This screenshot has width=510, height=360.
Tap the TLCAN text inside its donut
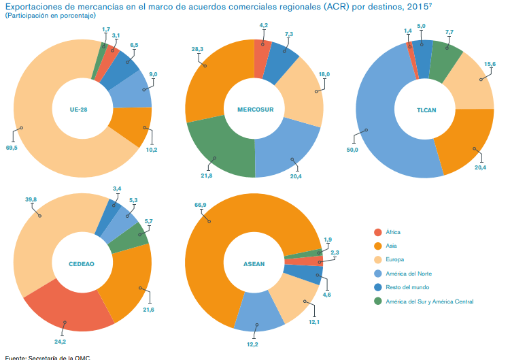tap(426, 109)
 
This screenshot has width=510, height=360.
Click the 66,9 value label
tap(199, 203)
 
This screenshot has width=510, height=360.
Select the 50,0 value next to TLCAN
tap(352, 150)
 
